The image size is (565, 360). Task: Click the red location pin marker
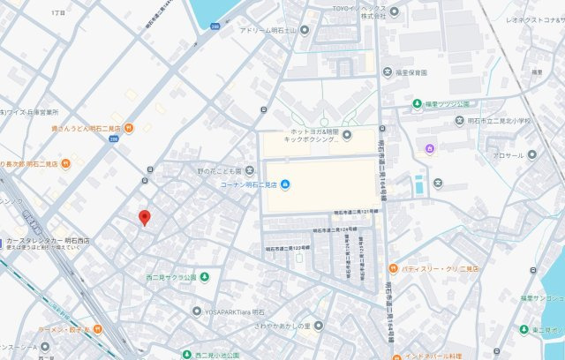(x=145, y=218)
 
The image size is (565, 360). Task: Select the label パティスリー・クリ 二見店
(x=440, y=268)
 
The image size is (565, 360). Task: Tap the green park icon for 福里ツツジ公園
(x=417, y=104)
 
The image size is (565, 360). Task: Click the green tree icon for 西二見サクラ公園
(x=205, y=277)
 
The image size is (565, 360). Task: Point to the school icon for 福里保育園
(x=387, y=71)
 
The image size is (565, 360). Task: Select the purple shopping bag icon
(x=429, y=148)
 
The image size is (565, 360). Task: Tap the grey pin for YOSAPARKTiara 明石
(x=197, y=311)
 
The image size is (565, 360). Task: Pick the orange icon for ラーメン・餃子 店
(x=97, y=330)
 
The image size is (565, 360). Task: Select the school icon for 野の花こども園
(x=251, y=170)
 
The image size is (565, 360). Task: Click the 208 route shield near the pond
(x=215, y=27)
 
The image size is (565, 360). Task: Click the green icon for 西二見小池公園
(x=186, y=355)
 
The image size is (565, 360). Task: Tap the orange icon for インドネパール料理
(x=396, y=356)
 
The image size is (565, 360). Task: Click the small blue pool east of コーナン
(x=418, y=185)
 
